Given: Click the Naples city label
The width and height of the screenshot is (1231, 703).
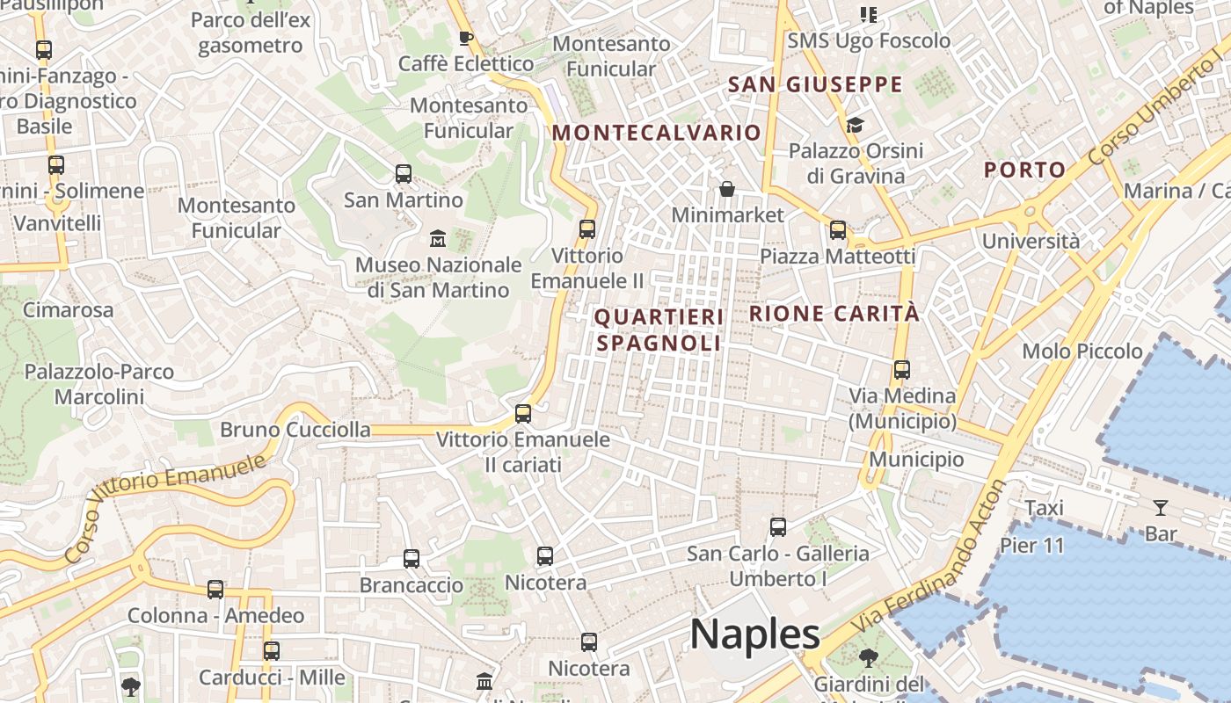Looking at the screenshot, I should (x=754, y=634).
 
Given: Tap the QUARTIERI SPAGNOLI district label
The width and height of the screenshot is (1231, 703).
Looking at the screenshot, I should (x=659, y=330).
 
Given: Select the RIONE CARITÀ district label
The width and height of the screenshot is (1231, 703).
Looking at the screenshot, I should (x=834, y=314).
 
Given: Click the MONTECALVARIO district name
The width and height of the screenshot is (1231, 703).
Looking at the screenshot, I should (x=656, y=133).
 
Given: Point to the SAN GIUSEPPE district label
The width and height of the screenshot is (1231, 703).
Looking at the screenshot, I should (x=816, y=84).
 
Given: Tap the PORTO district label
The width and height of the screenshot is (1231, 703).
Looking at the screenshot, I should (x=1024, y=170).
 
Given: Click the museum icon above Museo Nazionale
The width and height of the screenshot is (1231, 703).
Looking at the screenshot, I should (x=437, y=238).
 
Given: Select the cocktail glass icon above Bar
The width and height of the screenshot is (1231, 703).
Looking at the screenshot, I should (x=1161, y=507).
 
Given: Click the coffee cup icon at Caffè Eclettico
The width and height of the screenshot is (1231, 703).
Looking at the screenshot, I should (x=466, y=38).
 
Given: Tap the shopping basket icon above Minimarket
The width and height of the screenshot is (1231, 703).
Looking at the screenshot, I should (x=727, y=189).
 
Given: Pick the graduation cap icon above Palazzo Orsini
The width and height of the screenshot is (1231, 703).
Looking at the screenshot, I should (x=855, y=125).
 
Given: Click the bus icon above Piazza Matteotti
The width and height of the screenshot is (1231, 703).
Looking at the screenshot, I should (x=838, y=230).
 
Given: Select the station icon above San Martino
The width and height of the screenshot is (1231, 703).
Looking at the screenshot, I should (x=404, y=174).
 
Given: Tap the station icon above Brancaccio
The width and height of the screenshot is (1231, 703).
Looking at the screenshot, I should (x=412, y=558).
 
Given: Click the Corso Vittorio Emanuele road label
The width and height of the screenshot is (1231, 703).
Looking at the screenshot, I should (x=164, y=508).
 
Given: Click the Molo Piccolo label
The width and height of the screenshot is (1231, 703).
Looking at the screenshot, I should (x=1082, y=351).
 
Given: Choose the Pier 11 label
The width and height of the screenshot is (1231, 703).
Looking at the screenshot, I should (x=1031, y=545).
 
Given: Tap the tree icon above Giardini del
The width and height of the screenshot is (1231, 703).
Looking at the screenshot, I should (x=868, y=657).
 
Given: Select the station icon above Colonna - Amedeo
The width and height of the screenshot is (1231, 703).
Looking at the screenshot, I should (x=215, y=590).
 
